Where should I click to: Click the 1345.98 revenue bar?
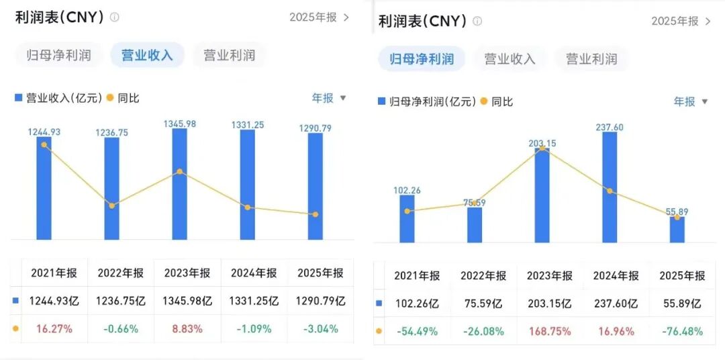[x=179, y=185]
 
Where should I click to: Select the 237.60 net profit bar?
[x=610, y=188]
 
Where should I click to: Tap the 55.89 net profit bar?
[x=677, y=230]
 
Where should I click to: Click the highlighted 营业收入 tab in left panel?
[x=147, y=55]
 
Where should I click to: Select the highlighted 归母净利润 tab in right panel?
[x=422, y=59]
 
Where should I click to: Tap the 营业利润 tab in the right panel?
[x=591, y=59]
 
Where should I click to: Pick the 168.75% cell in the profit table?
[x=550, y=331]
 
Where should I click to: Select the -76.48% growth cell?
[x=682, y=331]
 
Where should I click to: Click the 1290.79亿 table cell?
[x=320, y=302]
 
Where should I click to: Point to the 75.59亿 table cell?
[x=483, y=304]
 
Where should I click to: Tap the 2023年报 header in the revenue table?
[x=187, y=273]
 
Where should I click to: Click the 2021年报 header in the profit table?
[x=417, y=276]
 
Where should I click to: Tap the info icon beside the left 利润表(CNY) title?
[x=115, y=17]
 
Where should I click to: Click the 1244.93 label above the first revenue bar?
[x=44, y=132]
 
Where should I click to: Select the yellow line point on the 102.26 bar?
[x=407, y=211]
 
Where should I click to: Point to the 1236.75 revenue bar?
[x=111, y=189]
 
